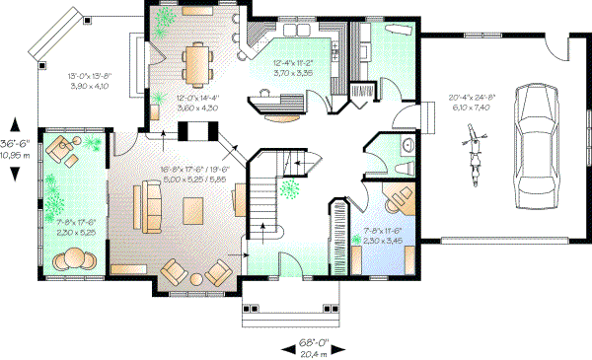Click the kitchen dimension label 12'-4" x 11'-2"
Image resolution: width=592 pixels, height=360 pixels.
point(293,68)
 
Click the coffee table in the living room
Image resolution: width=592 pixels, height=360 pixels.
point(196,209)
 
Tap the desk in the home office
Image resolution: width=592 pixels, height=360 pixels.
point(399,198)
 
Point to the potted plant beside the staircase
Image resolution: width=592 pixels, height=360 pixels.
point(289,186)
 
